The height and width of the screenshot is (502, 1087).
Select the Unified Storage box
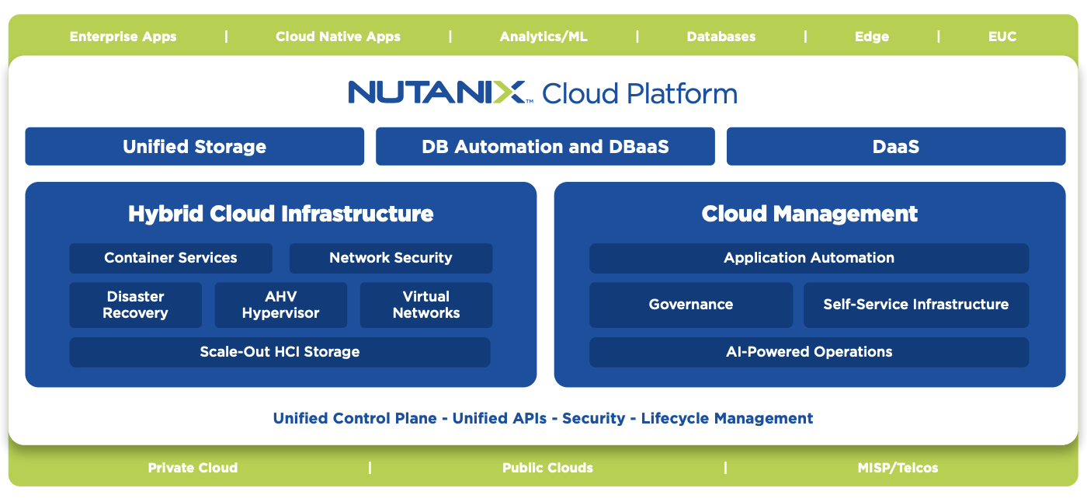tap(194, 147)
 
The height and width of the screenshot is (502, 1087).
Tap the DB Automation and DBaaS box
tap(545, 147)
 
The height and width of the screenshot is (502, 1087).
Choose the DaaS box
tap(896, 147)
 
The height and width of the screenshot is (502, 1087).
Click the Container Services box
tap(171, 258)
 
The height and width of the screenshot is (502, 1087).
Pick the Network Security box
tap(391, 258)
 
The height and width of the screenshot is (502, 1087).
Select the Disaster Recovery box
tap(135, 305)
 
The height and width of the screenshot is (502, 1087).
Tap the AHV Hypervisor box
tap(280, 305)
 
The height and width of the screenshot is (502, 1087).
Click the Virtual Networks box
tap(425, 305)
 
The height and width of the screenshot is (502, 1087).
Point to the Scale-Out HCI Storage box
tap(280, 352)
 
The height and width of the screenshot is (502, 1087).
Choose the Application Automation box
tap(809, 258)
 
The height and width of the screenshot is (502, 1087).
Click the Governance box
tap(691, 305)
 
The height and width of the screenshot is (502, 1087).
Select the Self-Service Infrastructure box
tap(915, 305)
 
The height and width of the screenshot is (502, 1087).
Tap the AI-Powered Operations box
tap(809, 352)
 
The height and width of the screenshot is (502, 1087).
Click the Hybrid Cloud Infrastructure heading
tap(280, 214)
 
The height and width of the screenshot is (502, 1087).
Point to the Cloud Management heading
tap(809, 214)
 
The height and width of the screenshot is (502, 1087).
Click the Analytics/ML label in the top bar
tap(543, 37)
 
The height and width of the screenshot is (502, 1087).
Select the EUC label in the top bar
tap(1002, 37)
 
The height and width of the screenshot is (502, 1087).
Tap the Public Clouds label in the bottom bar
tap(547, 468)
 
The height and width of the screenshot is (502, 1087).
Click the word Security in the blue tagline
tap(593, 418)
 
